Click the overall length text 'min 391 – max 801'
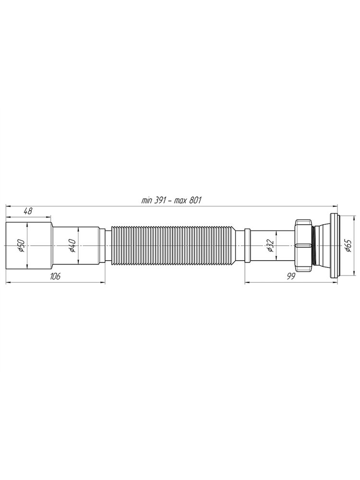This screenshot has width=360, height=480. click(x=171, y=201)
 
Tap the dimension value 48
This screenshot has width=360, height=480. click(x=28, y=211)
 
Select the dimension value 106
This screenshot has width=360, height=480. click(x=55, y=276)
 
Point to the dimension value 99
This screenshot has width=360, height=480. click(x=291, y=276)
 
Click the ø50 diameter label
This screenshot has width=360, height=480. click(x=21, y=246)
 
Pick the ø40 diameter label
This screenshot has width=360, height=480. click(x=72, y=246)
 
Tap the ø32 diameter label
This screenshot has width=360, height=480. click(x=270, y=246)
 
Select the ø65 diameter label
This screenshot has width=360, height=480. click(x=348, y=246)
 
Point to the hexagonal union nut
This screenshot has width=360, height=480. click(x=303, y=246)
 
